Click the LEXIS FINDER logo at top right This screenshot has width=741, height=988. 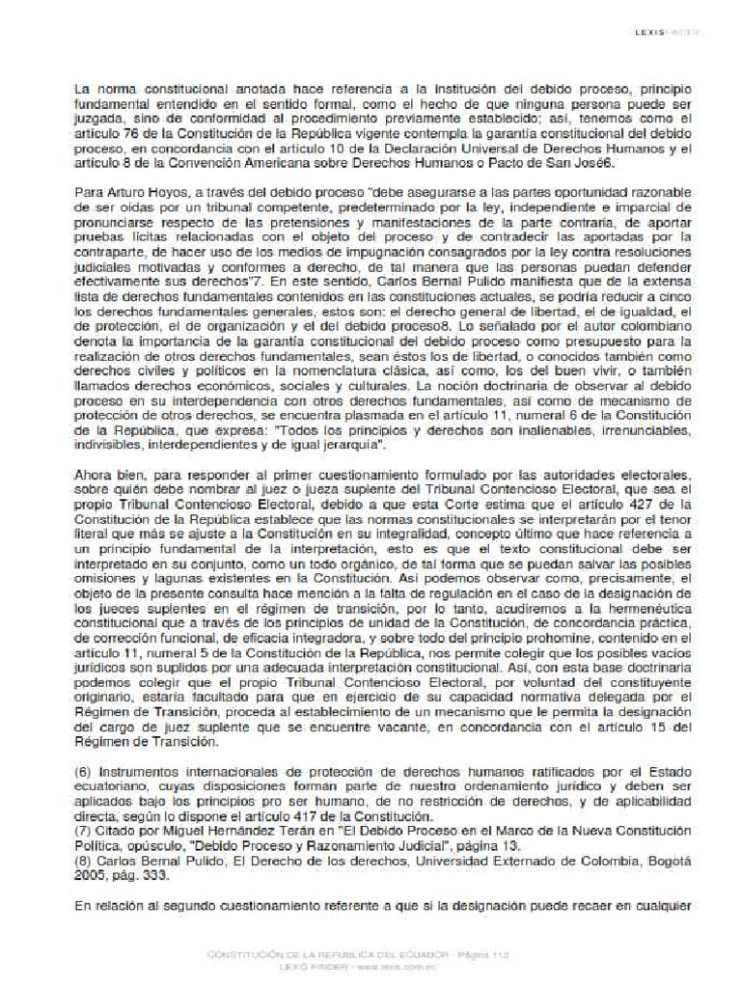[x=666, y=32]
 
